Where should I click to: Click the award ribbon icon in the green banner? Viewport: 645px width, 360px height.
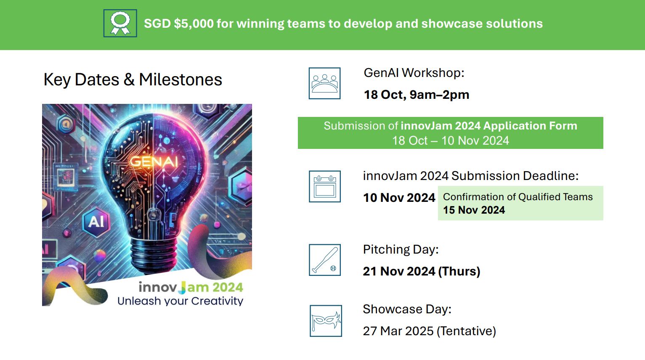(x=120, y=23)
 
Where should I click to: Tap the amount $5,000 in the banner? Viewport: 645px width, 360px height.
(x=194, y=24)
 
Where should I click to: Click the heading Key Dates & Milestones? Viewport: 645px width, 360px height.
(x=133, y=79)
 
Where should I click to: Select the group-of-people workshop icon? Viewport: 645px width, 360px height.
(x=324, y=83)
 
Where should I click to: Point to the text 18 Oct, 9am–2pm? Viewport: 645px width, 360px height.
(x=417, y=95)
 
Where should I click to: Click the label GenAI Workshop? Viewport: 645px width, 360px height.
(x=414, y=73)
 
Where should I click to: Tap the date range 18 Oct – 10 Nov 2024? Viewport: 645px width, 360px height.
(x=451, y=141)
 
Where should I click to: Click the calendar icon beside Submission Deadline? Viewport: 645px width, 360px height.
(x=325, y=186)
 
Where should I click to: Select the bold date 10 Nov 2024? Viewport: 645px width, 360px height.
(x=399, y=198)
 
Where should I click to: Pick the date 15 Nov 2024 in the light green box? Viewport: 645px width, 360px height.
(x=474, y=210)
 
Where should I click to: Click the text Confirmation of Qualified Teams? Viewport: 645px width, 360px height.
(x=518, y=197)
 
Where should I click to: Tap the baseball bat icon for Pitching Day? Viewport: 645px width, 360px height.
(x=325, y=260)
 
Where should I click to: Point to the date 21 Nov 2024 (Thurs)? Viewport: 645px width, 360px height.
(x=422, y=271)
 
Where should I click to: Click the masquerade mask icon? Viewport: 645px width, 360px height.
(x=326, y=321)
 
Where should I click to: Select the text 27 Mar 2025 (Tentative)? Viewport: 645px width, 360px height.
(x=429, y=331)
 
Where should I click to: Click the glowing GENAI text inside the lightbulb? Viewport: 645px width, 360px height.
(x=154, y=162)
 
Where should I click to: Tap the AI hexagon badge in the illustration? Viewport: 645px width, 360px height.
(x=96, y=222)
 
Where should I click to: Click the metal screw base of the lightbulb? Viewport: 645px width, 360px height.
(x=154, y=255)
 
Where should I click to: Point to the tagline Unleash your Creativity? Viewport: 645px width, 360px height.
(x=180, y=301)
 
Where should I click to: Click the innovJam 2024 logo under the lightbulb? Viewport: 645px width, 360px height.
(x=191, y=287)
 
